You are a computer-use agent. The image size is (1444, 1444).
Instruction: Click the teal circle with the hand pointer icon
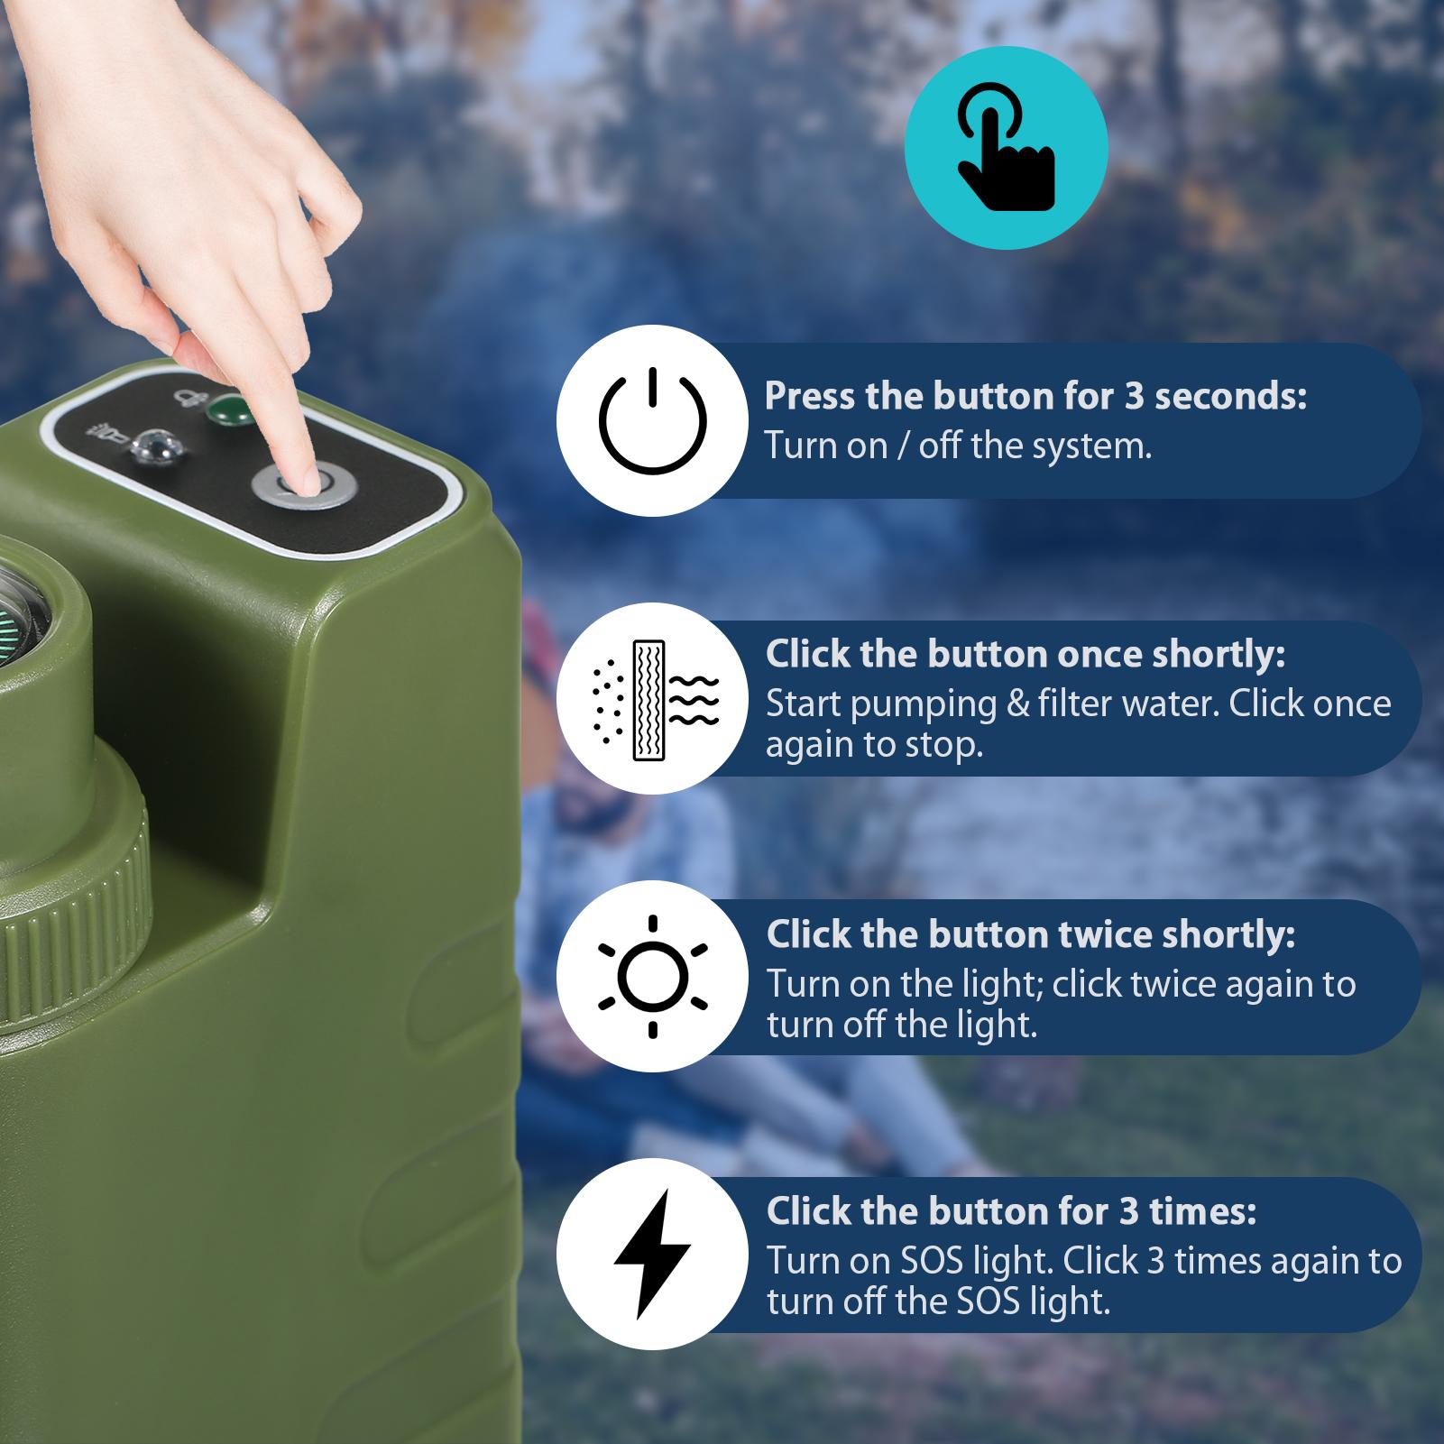(x=1006, y=148)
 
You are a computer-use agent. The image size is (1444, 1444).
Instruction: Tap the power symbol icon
(x=651, y=420)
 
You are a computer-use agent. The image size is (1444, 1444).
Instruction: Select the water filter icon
(x=651, y=699)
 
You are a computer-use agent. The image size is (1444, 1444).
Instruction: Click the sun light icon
(x=651, y=977)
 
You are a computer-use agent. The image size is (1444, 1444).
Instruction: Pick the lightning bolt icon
(x=651, y=1255)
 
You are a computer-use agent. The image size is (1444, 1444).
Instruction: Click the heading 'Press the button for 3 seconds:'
(x=1035, y=396)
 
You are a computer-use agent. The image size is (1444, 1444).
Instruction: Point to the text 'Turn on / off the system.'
(x=958, y=446)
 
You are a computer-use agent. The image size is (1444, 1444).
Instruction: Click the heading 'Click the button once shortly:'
(x=1025, y=654)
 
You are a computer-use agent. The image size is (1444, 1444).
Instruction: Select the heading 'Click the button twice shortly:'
(x=1030, y=934)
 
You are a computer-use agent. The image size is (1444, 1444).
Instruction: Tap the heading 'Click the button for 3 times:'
(x=1010, y=1211)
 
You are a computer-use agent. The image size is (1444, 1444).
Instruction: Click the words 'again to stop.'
(x=873, y=746)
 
